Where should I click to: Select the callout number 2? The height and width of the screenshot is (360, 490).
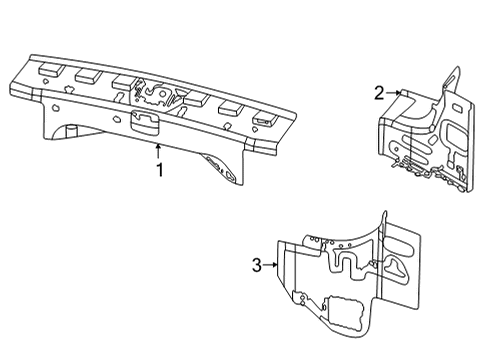[x=379, y=93]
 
